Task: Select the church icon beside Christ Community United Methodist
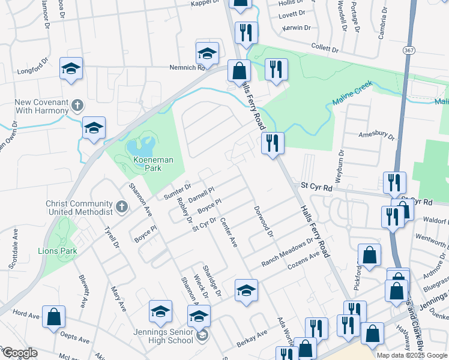coord(121,208)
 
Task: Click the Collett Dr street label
coord(326,47)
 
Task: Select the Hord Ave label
coord(26,314)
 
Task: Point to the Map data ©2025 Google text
coord(411,355)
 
